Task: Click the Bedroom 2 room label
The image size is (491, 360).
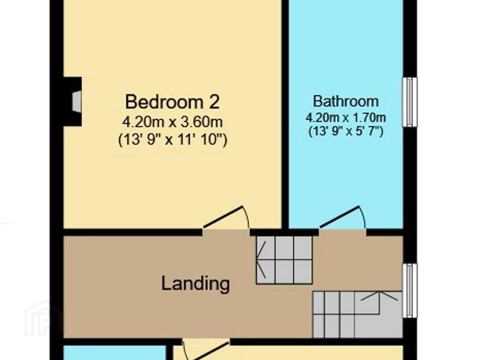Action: tap(172, 102)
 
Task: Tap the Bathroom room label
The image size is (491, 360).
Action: tap(346, 101)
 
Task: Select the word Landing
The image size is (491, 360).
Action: tap(195, 284)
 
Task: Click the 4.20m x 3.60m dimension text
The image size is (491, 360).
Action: tap(172, 122)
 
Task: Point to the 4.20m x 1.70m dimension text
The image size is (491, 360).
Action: tap(346, 118)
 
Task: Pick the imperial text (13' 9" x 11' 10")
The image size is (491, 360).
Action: tap(172, 139)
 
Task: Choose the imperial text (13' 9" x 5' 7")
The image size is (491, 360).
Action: tap(346, 131)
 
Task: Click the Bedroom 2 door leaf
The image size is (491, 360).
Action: tap(223, 217)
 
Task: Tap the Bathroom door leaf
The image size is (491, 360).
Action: tap(339, 217)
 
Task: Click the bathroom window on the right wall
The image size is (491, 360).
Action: tap(410, 102)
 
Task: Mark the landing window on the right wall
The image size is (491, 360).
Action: tap(410, 290)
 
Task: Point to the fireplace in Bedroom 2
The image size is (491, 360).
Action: tap(73, 102)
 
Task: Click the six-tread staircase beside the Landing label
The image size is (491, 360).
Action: tap(285, 260)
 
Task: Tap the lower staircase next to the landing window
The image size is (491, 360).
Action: tap(358, 315)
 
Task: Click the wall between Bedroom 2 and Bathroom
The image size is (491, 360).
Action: tap(285, 114)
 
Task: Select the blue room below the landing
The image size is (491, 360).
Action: tap(114, 353)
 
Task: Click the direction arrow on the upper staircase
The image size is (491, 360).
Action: tap(262, 260)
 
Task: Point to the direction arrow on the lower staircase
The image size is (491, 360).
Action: tap(379, 296)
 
